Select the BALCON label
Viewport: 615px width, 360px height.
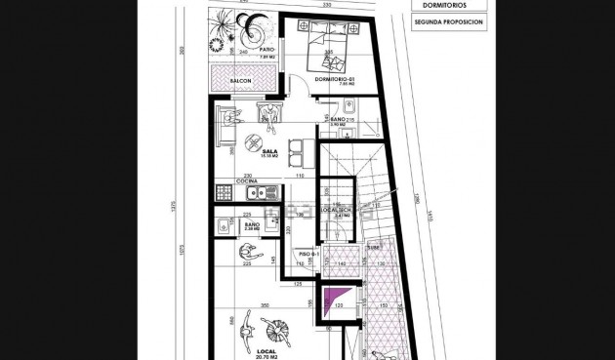241,80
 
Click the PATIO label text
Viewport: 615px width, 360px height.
266,49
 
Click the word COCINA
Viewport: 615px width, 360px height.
248,181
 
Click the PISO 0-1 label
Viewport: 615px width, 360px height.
310,256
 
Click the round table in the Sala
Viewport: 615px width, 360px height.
267,136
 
